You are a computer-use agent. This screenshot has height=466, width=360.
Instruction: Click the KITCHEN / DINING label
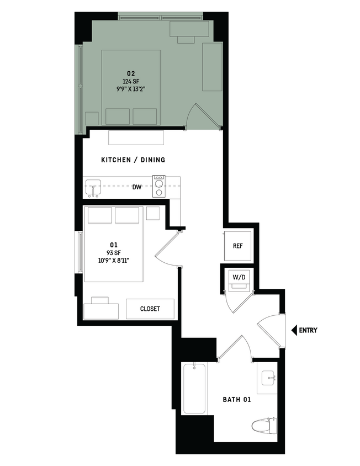[133, 160]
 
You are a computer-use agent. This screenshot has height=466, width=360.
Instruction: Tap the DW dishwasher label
[137, 187]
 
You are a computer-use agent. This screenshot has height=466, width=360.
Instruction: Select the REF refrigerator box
[238, 247]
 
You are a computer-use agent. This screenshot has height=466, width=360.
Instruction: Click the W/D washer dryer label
[239, 277]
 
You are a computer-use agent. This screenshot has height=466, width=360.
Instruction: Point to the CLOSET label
[150, 309]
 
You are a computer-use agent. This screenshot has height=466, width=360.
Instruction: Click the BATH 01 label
[237, 399]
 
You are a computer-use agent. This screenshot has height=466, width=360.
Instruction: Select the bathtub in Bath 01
[194, 389]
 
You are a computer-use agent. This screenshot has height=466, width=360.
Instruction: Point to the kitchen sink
[93, 188]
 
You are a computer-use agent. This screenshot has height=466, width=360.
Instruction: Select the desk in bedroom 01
[100, 309]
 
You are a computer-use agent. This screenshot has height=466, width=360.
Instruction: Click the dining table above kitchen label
[136, 137]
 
